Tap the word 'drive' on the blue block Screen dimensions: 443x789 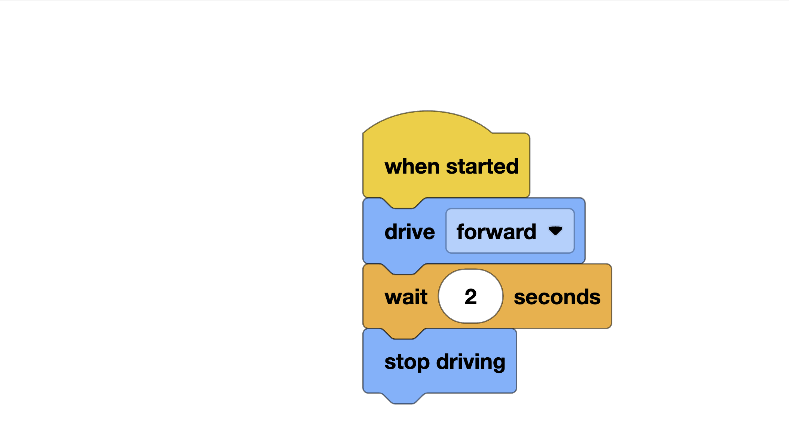[x=409, y=232]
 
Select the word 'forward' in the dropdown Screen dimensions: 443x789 [x=496, y=232]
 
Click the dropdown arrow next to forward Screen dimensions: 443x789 [x=555, y=231]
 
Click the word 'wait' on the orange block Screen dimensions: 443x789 [x=406, y=297]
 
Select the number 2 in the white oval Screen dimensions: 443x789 [x=470, y=297]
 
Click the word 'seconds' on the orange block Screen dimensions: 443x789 [x=557, y=297]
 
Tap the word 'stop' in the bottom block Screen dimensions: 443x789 [x=407, y=362]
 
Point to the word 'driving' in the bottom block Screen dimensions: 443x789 [x=471, y=362]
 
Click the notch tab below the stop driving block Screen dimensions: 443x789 [x=403, y=399]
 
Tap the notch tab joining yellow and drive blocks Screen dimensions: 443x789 [x=403, y=203]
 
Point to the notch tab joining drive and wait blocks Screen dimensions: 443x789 [x=403, y=269]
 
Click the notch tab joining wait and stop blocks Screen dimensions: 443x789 [x=403, y=334]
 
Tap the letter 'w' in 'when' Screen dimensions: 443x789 [x=392, y=167]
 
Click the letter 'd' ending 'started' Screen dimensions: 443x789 [x=512, y=166]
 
